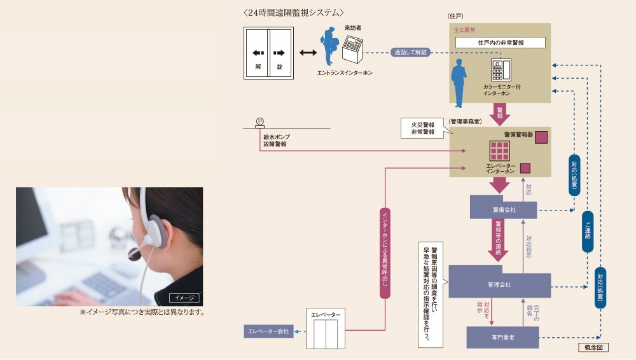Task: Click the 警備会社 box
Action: (x=503, y=209)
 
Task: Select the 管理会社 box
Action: (x=499, y=284)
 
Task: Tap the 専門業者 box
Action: (x=502, y=337)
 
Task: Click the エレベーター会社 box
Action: (x=268, y=331)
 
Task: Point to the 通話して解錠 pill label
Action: (x=410, y=52)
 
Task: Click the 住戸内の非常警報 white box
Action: (x=500, y=43)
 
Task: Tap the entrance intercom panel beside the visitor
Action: (x=352, y=50)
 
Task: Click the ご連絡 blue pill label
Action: (x=587, y=232)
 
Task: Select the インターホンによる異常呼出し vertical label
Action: (x=385, y=251)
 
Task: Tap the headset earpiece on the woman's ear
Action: (x=153, y=232)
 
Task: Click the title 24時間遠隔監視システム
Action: (x=293, y=12)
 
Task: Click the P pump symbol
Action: (x=259, y=121)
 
